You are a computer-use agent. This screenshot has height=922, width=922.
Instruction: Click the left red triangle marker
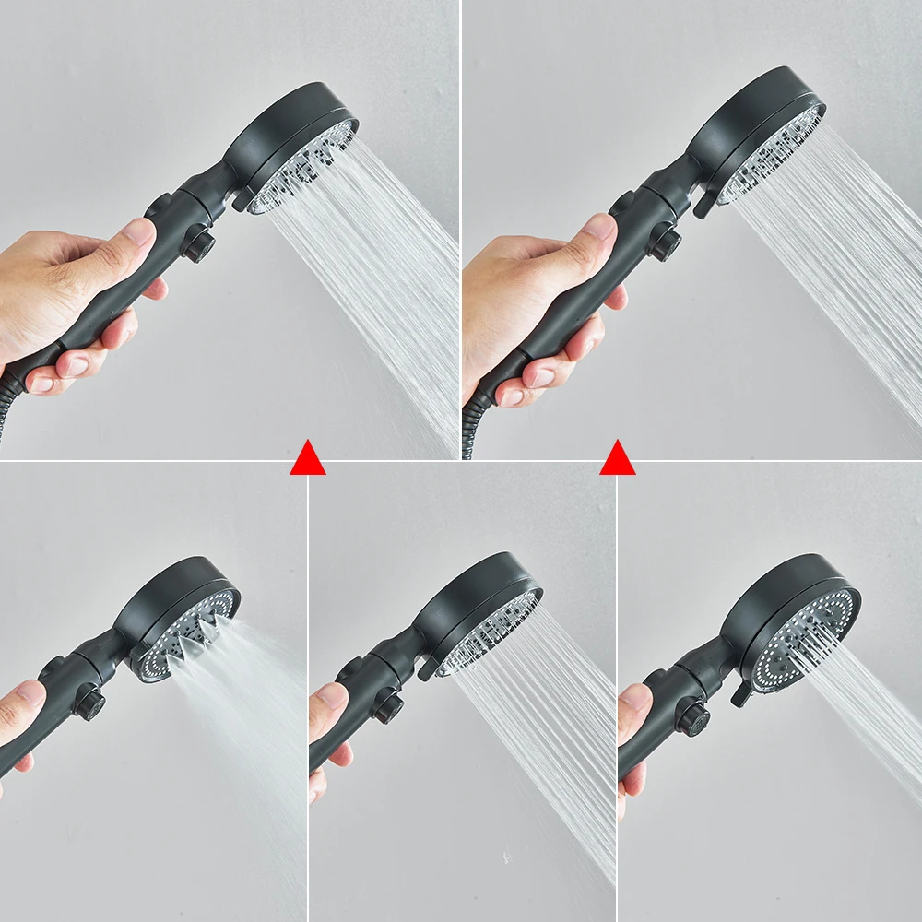coord(307,459)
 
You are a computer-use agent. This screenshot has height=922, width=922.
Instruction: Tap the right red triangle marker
coord(617,459)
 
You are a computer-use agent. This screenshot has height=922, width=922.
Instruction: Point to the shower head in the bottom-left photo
coord(189,627)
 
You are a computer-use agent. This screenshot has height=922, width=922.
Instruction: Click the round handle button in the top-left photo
coord(197,246)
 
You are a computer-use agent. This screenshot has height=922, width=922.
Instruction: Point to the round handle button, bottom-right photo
coord(692,718)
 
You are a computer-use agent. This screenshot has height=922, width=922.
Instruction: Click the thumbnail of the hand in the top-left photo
coord(138,231)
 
